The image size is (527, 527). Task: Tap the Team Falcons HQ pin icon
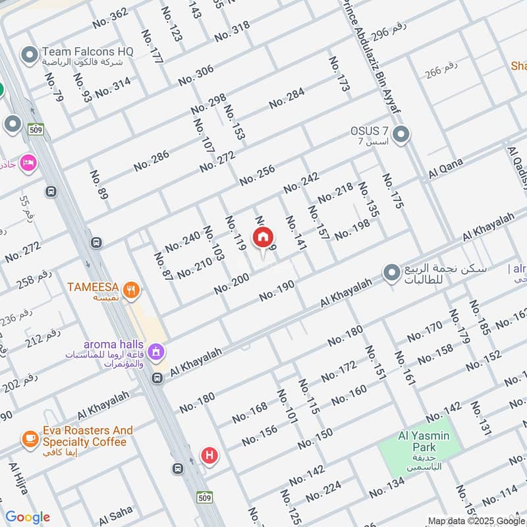[29, 55]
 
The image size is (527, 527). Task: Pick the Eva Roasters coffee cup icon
[29, 437]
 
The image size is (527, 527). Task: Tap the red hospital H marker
[209, 455]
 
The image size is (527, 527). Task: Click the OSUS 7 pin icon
[401, 136]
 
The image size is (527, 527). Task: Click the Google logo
[28, 517]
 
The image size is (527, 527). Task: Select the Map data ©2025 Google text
[476, 520]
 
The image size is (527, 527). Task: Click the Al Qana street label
[447, 169]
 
